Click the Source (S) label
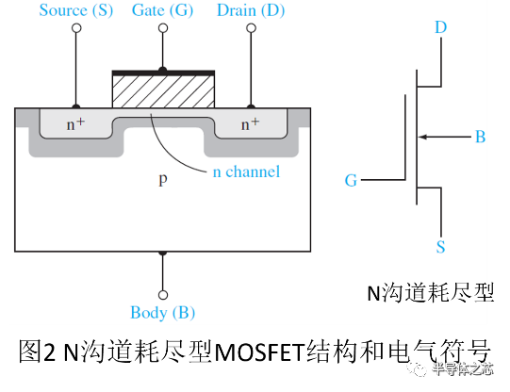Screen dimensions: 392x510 click(75, 10)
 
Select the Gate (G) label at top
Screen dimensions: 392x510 click(163, 10)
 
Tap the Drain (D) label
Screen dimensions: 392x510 click(251, 10)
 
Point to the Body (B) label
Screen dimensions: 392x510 click(163, 313)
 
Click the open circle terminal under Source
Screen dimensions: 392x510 click(76, 28)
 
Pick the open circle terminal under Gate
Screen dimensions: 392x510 click(163, 28)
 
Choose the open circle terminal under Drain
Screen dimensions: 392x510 click(251, 28)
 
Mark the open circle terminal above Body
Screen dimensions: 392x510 click(163, 294)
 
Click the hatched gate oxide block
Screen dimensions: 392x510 click(163, 91)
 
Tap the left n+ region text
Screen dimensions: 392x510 click(75, 123)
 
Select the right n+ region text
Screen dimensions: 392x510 click(250, 123)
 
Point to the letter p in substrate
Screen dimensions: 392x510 click(163, 178)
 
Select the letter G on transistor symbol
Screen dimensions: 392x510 click(351, 180)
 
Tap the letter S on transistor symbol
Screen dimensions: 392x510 click(440, 248)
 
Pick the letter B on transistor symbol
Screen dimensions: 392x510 click(480, 138)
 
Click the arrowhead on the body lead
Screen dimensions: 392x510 click(423, 138)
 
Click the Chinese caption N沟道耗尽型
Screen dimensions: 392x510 click(428, 292)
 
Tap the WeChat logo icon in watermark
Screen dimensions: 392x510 click(415, 367)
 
